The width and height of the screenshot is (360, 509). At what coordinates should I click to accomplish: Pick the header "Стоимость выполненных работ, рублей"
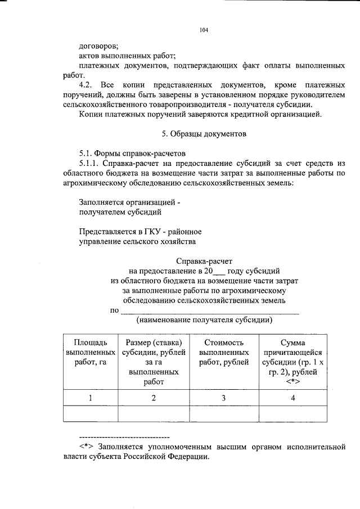(x=223, y=352)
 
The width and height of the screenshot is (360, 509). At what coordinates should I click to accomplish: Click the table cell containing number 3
(x=223, y=398)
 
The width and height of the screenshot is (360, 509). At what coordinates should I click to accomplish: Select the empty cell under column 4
(x=292, y=413)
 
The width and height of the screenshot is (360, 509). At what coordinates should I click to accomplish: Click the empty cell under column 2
(x=152, y=413)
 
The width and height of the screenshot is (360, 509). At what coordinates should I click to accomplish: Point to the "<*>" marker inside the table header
(x=292, y=382)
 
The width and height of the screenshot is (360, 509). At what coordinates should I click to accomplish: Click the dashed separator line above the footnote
(x=124, y=436)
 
